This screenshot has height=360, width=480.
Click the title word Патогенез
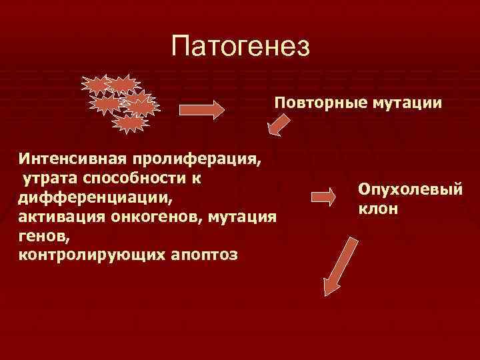pos(240,47)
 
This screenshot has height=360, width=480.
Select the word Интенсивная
pos(73,161)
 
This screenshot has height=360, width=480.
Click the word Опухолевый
pos(409,191)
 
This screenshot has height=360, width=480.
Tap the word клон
pos(377,209)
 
